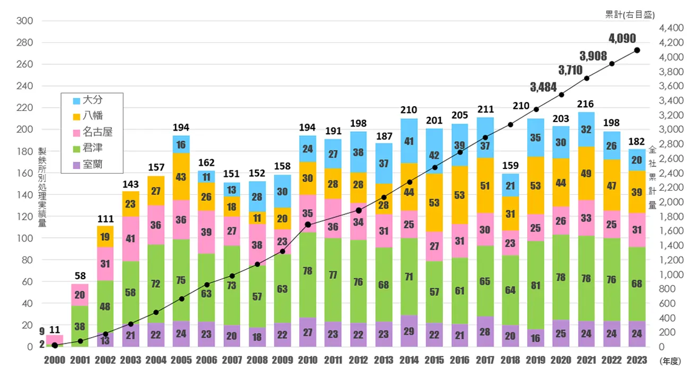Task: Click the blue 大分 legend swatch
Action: click(x=76, y=99)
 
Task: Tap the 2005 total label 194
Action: click(x=181, y=127)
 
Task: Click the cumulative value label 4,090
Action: click(x=622, y=38)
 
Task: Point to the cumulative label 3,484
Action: click(x=544, y=87)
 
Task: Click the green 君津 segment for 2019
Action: click(x=536, y=285)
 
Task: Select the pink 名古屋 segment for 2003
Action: click(x=130, y=238)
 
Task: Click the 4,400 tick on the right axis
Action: click(x=668, y=28)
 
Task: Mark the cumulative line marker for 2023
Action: click(x=637, y=50)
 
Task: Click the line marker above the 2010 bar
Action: click(x=308, y=225)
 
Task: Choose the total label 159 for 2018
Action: click(x=510, y=166)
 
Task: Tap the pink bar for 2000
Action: click(x=55, y=339)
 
